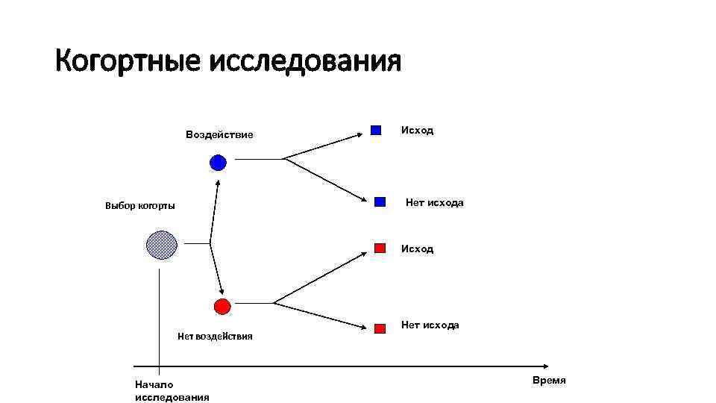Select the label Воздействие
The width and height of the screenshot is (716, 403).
click(x=219, y=135)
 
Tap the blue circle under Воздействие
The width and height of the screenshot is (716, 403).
click(x=218, y=162)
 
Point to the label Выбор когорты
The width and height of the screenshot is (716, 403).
click(x=140, y=206)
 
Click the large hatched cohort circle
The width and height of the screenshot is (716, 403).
click(x=161, y=245)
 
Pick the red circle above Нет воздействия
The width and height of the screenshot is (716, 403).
click(x=222, y=305)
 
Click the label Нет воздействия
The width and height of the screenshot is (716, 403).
click(x=215, y=337)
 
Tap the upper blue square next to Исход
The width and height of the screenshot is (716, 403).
click(x=376, y=130)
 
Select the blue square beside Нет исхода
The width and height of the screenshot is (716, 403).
click(x=380, y=201)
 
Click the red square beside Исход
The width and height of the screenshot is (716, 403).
click(x=380, y=248)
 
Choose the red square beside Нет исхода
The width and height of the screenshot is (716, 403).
click(x=380, y=327)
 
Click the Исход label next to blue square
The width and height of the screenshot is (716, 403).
click(x=417, y=131)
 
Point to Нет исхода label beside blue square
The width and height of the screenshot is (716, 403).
click(x=434, y=203)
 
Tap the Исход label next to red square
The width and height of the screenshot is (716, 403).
click(x=417, y=249)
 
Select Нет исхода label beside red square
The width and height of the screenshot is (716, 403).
click(x=430, y=325)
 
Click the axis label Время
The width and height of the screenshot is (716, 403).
click(x=549, y=381)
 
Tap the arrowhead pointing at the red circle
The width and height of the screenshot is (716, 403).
click(x=222, y=293)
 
